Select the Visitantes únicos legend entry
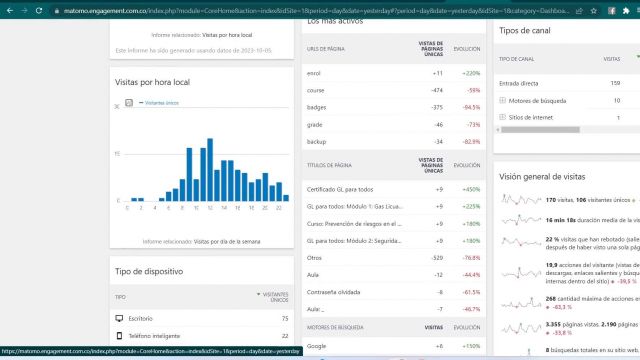(160, 103)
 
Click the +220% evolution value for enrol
(471, 73)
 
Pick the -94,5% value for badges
(469, 107)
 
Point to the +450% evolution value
(470, 189)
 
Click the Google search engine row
(319, 345)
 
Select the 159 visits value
(615, 83)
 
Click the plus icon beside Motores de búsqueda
(502, 100)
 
